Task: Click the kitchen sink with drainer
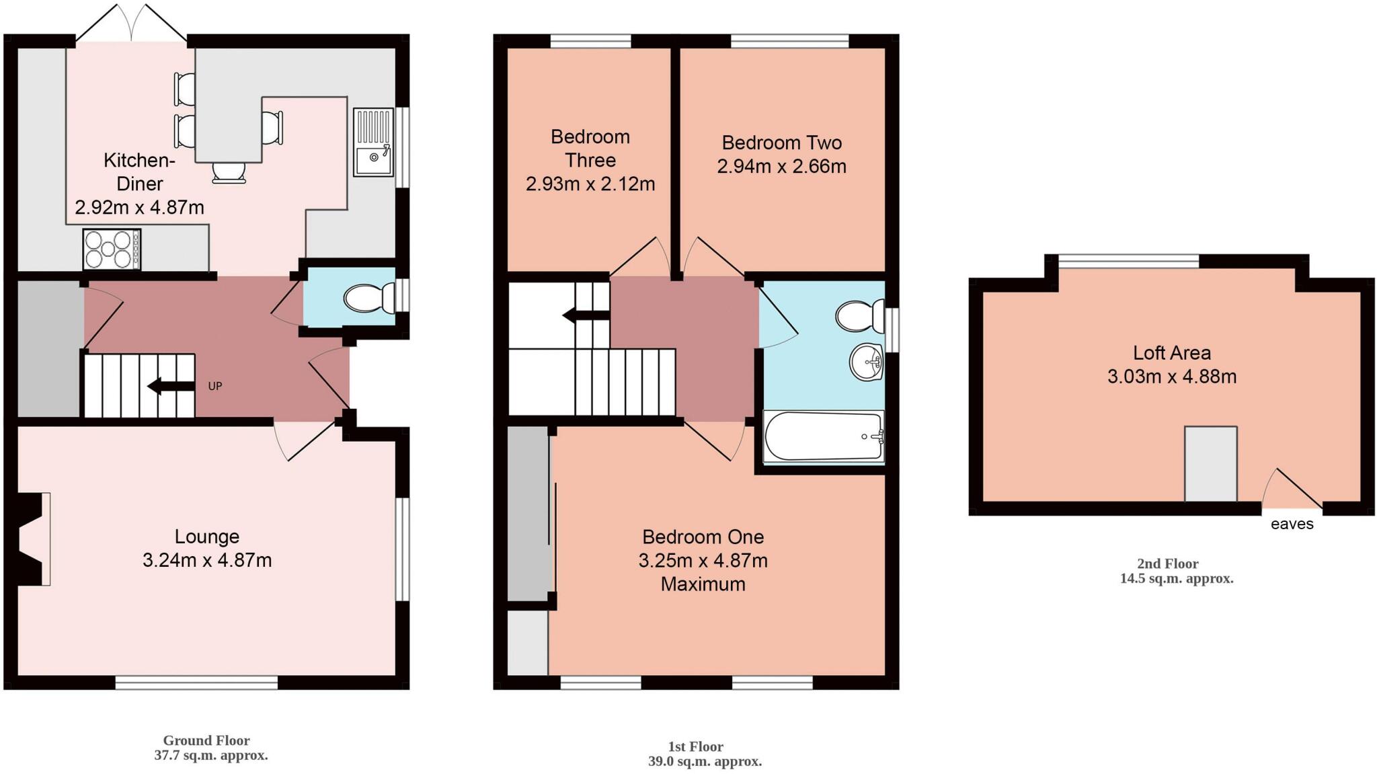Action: [373, 142]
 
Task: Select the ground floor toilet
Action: [369, 298]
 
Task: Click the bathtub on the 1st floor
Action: [823, 436]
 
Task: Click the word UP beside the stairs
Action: [214, 386]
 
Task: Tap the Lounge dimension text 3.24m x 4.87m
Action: [207, 560]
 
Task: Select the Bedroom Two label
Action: [781, 143]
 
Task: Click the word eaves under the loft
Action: [1292, 524]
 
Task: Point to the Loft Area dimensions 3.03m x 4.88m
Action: [1171, 376]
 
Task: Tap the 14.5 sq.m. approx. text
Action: [1176, 578]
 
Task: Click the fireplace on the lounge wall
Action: [34, 539]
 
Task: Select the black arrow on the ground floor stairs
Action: [163, 386]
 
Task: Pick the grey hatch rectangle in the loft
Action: [1210, 463]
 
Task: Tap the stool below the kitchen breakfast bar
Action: [229, 173]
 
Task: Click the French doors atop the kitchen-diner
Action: [132, 24]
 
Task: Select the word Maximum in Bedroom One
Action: [703, 584]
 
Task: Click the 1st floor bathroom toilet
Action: [860, 315]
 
